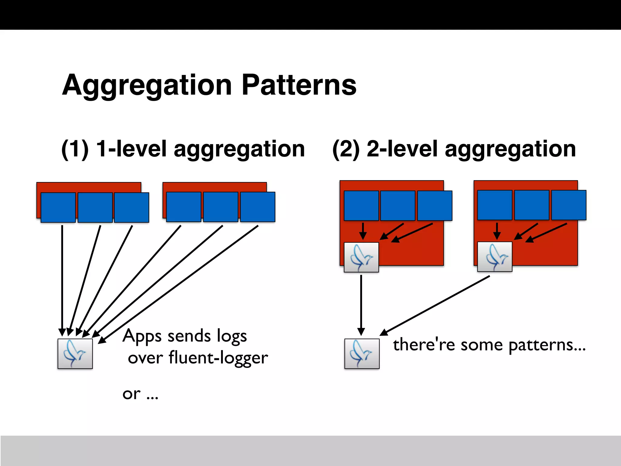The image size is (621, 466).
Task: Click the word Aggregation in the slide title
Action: [147, 86]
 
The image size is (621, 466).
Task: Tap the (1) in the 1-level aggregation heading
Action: [75, 149]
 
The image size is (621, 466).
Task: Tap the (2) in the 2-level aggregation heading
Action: [346, 149]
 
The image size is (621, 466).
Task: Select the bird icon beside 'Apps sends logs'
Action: [75, 354]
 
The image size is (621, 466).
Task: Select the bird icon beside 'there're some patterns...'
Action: [362, 354]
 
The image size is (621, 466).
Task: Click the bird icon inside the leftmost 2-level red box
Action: [361, 257]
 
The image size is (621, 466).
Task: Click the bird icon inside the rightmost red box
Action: [495, 257]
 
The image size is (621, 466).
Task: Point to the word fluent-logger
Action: [218, 358]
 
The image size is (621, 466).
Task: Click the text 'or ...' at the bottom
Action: [140, 394]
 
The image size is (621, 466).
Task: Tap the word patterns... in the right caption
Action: [547, 345]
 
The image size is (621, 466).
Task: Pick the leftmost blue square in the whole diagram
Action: [58, 208]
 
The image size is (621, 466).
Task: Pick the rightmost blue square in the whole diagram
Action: [569, 205]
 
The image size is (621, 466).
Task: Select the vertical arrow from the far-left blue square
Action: [62, 279]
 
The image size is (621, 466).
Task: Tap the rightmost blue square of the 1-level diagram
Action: [257, 207]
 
